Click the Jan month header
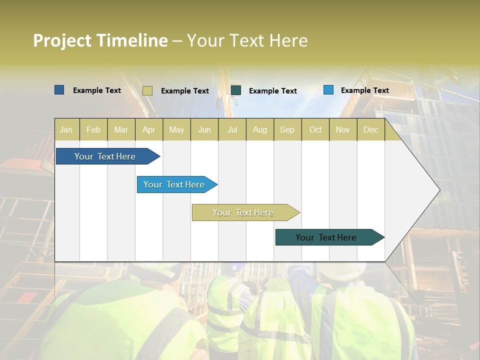[66, 129]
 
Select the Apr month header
[148, 129]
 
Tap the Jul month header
[232, 129]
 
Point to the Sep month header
[287, 129]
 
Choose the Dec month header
[370, 129]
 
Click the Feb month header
[93, 129]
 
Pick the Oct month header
[315, 129]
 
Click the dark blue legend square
[59, 90]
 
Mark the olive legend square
[147, 90]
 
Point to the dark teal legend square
[236, 90]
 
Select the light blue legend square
[328, 90]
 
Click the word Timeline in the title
[132, 40]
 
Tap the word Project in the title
[62, 40]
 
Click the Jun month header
[204, 129]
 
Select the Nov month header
[343, 129]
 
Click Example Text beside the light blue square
[364, 90]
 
